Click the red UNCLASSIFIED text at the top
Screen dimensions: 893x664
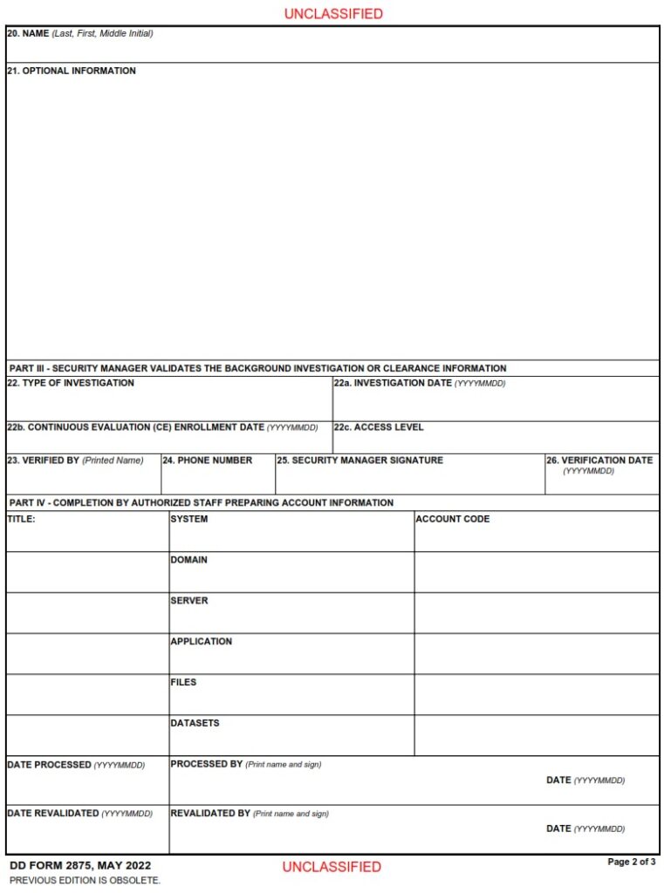[x=332, y=14]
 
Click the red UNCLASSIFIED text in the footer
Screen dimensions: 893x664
[x=332, y=867]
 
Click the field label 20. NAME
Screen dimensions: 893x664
[x=28, y=34]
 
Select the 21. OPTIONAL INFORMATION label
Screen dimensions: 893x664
[x=72, y=71]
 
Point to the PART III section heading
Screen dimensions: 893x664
[x=257, y=368]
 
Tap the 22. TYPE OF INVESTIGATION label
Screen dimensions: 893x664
[x=71, y=383]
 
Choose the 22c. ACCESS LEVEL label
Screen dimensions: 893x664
[x=379, y=427]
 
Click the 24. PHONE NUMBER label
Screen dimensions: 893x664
[x=207, y=460]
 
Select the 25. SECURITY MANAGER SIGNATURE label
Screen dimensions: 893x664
[x=359, y=460]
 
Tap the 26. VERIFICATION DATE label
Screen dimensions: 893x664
[x=599, y=460]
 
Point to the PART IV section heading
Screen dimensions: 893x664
[x=201, y=502]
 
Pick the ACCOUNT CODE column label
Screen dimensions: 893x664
[x=453, y=519]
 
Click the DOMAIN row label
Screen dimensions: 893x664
[x=188, y=560]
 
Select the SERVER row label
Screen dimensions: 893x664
[x=188, y=601]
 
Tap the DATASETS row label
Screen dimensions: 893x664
[x=195, y=723]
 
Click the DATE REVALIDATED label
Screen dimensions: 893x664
[x=53, y=814]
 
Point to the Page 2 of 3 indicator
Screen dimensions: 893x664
[x=631, y=862]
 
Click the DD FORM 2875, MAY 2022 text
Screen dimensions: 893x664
[x=80, y=866]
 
